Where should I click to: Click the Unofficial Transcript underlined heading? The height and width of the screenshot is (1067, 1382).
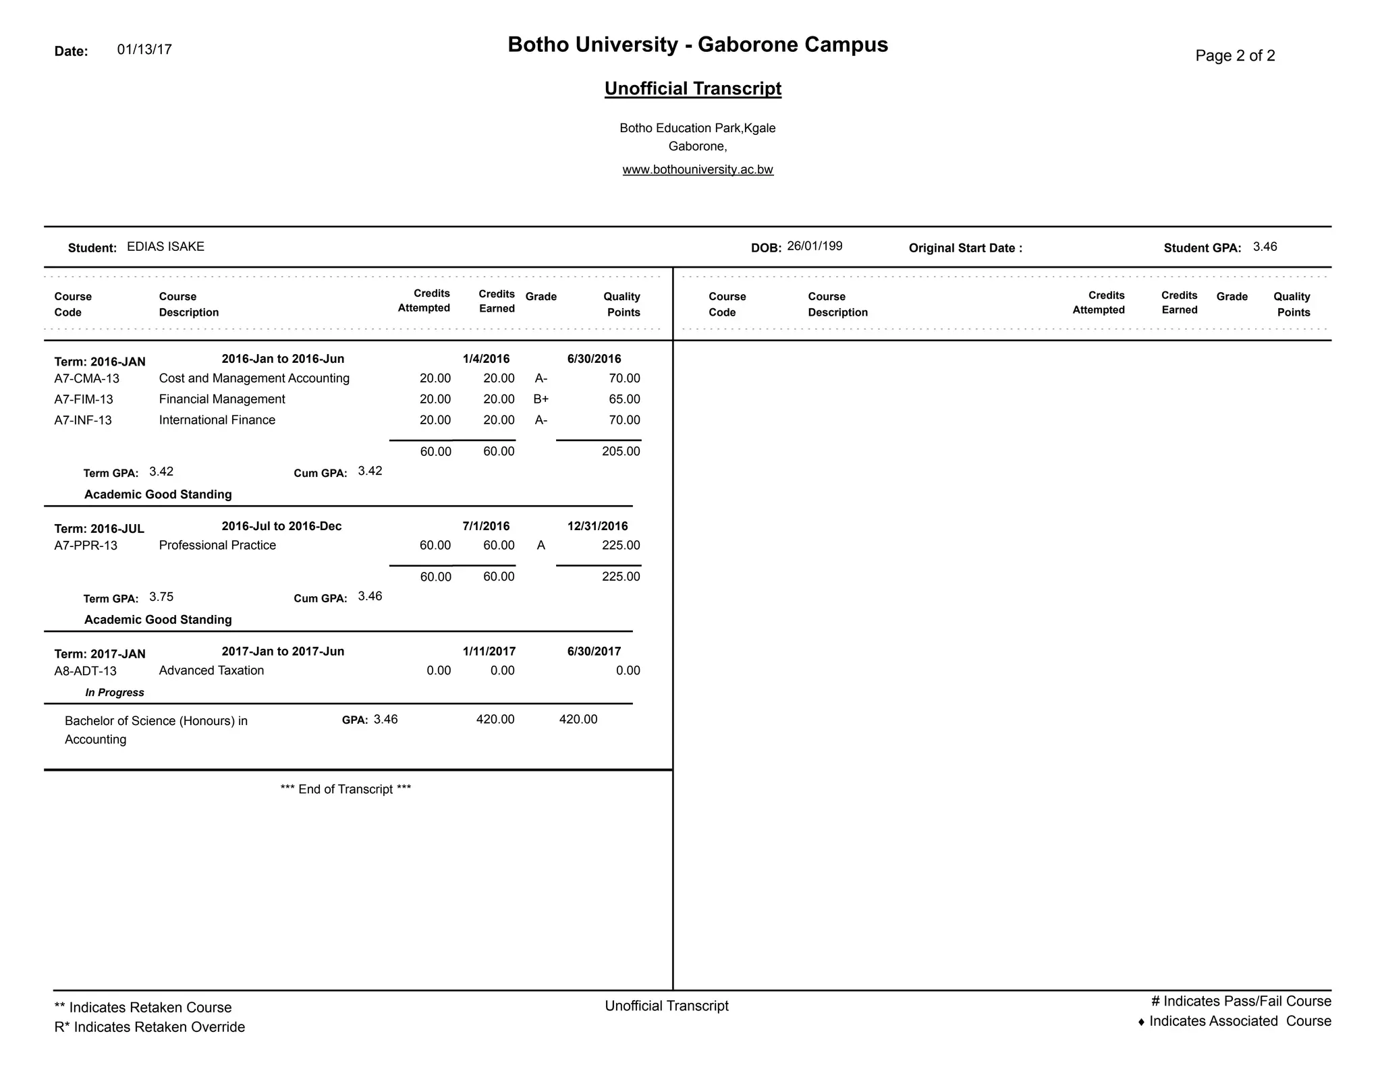point(692,88)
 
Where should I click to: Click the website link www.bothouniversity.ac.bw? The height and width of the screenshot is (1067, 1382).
point(697,169)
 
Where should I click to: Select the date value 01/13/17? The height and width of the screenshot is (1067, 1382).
point(144,49)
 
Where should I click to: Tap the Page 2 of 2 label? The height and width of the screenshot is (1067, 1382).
point(1235,55)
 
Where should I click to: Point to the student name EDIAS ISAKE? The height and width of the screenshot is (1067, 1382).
point(165,246)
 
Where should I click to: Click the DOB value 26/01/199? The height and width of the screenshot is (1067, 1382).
point(814,246)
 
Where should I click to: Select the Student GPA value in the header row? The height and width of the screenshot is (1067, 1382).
point(1265,246)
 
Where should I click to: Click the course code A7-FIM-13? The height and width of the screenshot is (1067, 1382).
point(84,399)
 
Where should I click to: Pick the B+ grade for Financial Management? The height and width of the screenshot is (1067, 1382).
point(541,399)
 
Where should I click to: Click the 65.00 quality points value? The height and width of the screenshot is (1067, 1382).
point(624,399)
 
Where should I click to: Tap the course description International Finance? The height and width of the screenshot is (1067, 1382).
point(217,420)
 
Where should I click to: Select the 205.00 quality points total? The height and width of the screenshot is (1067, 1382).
point(621,451)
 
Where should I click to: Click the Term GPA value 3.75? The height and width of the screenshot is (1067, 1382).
point(161,597)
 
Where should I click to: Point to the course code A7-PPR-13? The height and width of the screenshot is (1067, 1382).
point(86,545)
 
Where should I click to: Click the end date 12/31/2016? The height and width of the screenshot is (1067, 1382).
point(597,526)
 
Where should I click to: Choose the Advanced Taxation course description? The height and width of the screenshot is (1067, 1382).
point(211,670)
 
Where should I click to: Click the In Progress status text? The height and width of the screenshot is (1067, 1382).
point(115,692)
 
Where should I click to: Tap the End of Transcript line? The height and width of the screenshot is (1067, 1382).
point(345,789)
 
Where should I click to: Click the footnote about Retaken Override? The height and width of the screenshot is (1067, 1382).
point(149,1027)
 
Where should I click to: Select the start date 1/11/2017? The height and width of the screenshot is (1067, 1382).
point(489,651)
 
